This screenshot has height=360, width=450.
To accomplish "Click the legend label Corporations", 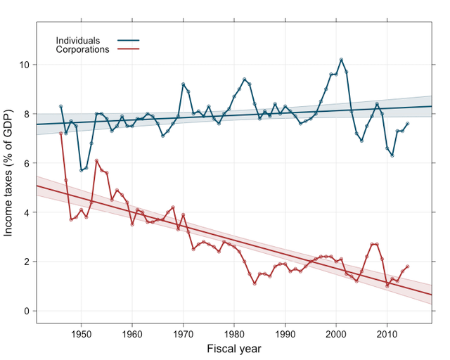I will click(82, 50).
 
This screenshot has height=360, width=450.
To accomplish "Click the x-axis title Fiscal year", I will click(235, 349).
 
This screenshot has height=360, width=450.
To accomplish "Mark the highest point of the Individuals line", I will click(341, 60).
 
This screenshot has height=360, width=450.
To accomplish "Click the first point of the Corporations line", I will click(61, 133).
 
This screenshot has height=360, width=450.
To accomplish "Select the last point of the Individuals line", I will click(408, 124).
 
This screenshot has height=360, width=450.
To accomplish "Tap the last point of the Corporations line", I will click(408, 266).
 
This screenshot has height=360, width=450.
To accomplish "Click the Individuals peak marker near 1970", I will click(184, 84).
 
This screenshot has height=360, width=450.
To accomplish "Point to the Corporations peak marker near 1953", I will click(97, 160).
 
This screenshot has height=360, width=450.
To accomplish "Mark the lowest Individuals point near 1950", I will click(82, 170).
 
